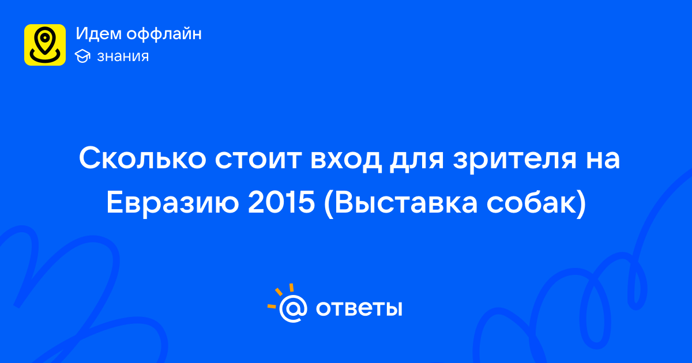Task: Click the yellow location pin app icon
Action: (45, 45)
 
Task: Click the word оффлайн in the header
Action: (164, 34)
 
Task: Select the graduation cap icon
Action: (82, 56)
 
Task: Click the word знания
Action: (123, 56)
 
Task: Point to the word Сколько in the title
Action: (142, 158)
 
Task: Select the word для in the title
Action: (417, 161)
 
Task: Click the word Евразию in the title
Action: (172, 203)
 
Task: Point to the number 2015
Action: (281, 202)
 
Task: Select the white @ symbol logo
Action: (293, 308)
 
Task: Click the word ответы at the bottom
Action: (359, 308)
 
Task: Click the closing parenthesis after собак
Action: (582, 204)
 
